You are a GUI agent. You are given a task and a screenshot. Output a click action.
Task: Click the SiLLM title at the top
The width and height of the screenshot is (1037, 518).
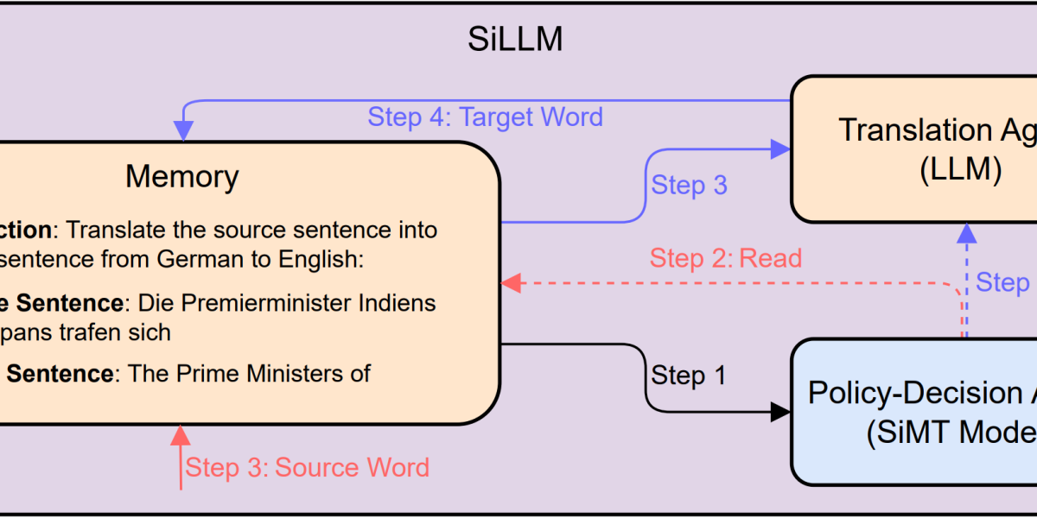pyautogui.click(x=516, y=40)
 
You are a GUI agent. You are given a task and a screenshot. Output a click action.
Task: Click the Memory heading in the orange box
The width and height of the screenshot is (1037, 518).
pyautogui.click(x=181, y=177)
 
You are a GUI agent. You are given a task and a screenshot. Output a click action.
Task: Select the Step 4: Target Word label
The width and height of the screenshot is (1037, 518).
pyautogui.click(x=485, y=117)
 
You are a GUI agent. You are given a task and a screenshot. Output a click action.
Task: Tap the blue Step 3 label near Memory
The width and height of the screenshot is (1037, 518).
pyautogui.click(x=689, y=185)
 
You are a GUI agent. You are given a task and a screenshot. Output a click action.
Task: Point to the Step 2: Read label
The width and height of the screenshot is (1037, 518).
pyautogui.click(x=726, y=257)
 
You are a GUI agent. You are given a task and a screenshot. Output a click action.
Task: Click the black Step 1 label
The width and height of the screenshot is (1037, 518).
pyautogui.click(x=689, y=376)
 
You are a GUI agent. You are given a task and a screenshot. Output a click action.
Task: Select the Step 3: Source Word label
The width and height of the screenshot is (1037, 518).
pyautogui.click(x=308, y=468)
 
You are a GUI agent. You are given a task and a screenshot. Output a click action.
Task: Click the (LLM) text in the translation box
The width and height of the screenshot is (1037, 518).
pyautogui.click(x=959, y=170)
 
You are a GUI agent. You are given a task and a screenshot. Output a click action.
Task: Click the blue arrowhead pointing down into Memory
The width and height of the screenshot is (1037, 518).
pyautogui.click(x=183, y=130)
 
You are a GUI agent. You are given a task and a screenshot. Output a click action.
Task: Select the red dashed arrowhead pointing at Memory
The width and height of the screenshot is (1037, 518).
pyautogui.click(x=511, y=282)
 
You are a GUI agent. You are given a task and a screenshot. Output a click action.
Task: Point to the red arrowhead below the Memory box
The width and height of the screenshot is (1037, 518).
pyautogui.click(x=181, y=434)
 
